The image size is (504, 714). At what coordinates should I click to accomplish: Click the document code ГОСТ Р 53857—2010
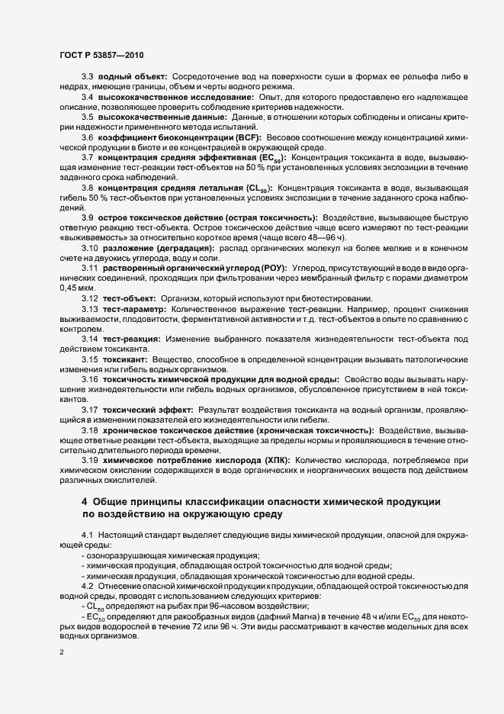coord(101,55)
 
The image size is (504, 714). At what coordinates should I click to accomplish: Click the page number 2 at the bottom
coord(62,653)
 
